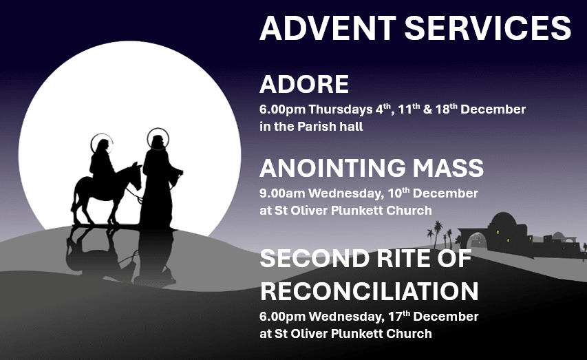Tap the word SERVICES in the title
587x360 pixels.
[487, 29]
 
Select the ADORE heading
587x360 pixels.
[304, 85]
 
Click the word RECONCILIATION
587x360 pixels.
[369, 290]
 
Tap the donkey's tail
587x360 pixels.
[74, 195]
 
